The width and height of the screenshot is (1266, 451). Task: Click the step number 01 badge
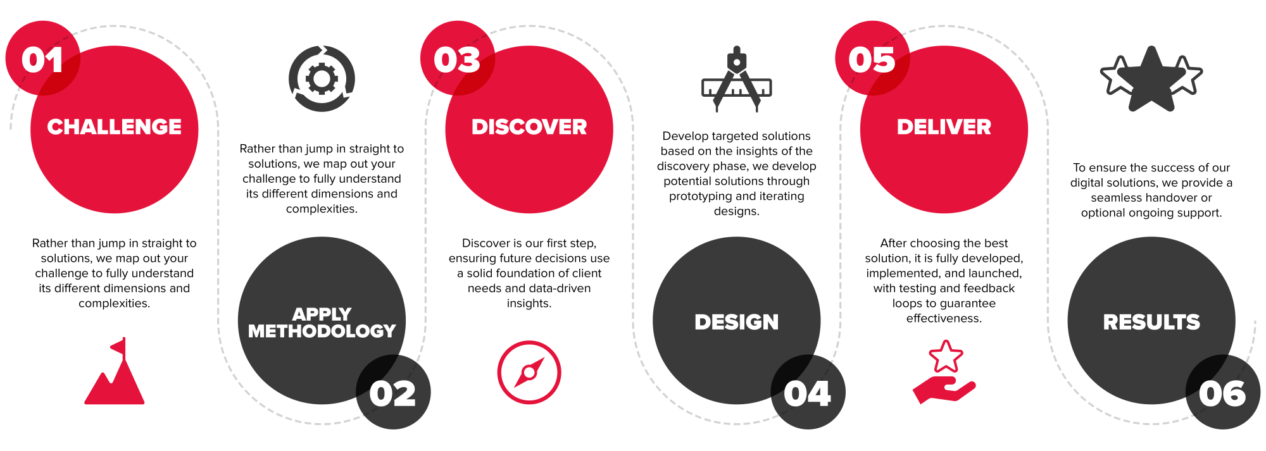click(42, 58)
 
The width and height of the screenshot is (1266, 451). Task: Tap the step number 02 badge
click(393, 392)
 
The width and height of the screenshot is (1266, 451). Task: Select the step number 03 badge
click(457, 58)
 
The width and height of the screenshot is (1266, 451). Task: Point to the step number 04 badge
click(808, 392)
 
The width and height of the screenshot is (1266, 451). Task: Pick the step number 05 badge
click(872, 58)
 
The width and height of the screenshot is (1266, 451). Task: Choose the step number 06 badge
click(1222, 392)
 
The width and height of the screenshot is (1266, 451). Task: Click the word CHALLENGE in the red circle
click(115, 127)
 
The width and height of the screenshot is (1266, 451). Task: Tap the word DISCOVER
click(529, 127)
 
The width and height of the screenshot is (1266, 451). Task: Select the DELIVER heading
click(944, 127)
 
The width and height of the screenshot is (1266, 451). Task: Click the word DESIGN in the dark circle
click(737, 322)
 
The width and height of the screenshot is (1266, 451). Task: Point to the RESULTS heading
click(1151, 322)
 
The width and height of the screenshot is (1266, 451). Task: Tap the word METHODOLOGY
click(322, 331)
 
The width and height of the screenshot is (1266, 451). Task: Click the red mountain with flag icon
click(115, 371)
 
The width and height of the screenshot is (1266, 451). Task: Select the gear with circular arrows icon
click(322, 78)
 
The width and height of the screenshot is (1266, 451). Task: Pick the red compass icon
click(529, 372)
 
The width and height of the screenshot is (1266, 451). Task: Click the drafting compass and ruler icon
click(737, 79)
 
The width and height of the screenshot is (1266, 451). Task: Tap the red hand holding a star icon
click(944, 373)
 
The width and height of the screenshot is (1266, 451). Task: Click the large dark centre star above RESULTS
click(1152, 79)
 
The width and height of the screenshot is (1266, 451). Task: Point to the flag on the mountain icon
click(118, 347)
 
